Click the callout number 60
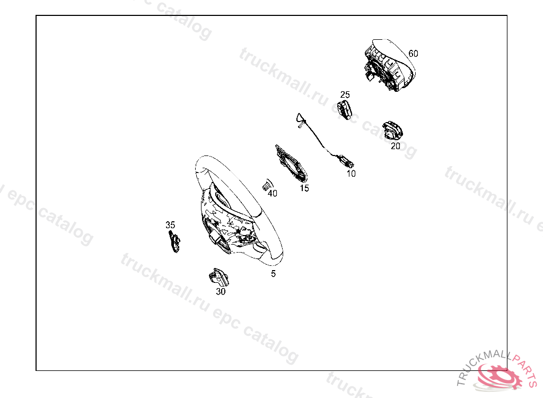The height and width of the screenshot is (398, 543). pyautogui.click(x=413, y=54)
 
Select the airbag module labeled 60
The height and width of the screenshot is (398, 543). pyautogui.click(x=389, y=65)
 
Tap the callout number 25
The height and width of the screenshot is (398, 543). pyautogui.click(x=345, y=94)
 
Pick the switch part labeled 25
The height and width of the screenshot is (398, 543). pyautogui.click(x=345, y=110)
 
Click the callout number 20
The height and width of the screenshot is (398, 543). pyautogui.click(x=396, y=146)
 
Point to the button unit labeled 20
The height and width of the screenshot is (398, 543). pyautogui.click(x=392, y=131)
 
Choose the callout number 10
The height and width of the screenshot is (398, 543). pyautogui.click(x=351, y=174)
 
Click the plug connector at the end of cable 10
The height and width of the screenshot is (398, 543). pyautogui.click(x=347, y=162)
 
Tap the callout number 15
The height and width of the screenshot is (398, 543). pyautogui.click(x=304, y=188)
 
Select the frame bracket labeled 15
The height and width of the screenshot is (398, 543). pyautogui.click(x=291, y=163)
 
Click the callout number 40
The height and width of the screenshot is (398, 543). pyautogui.click(x=273, y=194)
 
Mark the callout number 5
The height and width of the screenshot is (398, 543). pyautogui.click(x=273, y=274)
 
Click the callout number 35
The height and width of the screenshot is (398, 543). pyautogui.click(x=170, y=225)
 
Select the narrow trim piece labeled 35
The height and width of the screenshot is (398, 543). pyautogui.click(x=174, y=241)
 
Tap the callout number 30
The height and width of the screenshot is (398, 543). pyautogui.click(x=221, y=291)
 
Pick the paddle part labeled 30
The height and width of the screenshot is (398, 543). pyautogui.click(x=218, y=277)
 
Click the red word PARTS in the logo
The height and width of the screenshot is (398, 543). pyautogui.click(x=524, y=368)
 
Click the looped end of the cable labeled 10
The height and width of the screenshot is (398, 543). pyautogui.click(x=301, y=120)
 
